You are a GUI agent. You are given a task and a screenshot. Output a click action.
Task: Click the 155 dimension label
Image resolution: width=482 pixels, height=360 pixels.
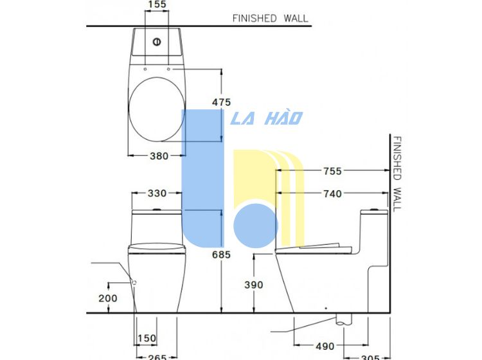coord(157,4)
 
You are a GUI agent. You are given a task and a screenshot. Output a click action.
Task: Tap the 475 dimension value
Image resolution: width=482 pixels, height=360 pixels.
coord(221,102)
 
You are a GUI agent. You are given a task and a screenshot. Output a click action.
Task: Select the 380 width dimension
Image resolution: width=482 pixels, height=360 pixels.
coord(159,156)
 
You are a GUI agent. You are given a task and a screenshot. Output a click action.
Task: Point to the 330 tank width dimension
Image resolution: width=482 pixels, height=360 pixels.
coord(157,193)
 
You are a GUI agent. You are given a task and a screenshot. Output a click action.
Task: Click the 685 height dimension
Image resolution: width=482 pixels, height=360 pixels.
coord(221,255)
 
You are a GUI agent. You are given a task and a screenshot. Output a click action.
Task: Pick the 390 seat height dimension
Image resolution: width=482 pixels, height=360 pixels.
coord(254,285)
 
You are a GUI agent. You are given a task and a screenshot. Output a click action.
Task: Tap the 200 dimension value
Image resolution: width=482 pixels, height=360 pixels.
coord(108,298)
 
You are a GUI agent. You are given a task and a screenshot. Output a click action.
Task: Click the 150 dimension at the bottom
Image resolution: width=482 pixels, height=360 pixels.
coord(147,338)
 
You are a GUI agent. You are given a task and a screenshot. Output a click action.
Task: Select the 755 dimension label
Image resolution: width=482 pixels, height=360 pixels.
coord(332,171)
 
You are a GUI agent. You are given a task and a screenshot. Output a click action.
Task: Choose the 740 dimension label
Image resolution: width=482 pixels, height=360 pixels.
coord(332,194)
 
